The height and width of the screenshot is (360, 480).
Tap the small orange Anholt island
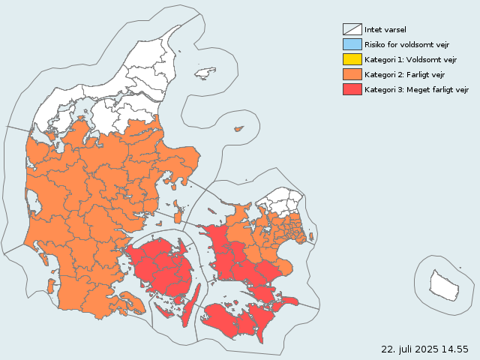pyautogui.click(x=239, y=129)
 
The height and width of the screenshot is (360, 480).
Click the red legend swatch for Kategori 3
pyautogui.click(x=352, y=89)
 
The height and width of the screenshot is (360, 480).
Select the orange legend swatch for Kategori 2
pyautogui.click(x=352, y=74)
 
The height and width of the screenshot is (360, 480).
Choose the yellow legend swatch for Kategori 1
pyautogui.click(x=352, y=59)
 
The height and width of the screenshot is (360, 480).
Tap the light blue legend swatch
pyautogui.click(x=352, y=44)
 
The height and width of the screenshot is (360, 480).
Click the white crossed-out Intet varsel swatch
pyautogui.click(x=352, y=29)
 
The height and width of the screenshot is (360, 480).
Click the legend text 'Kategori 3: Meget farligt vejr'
pyautogui.click(x=416, y=89)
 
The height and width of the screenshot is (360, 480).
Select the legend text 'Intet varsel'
pyautogui.click(x=385, y=29)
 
